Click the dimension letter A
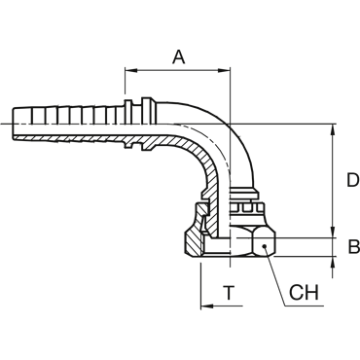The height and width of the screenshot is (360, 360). click(x=178, y=57)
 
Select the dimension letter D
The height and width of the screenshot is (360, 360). click(x=353, y=180)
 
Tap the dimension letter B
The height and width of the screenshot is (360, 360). click(x=354, y=246)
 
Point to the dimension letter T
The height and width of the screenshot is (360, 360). click(x=230, y=293)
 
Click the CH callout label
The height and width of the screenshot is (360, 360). click(x=304, y=293)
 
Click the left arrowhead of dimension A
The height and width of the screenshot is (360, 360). click(x=130, y=70)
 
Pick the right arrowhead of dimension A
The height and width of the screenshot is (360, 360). click(x=224, y=70)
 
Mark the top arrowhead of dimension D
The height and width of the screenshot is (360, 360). click(x=333, y=129)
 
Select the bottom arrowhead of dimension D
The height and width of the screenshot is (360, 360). click(x=333, y=233)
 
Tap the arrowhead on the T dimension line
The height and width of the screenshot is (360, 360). click(x=206, y=306)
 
